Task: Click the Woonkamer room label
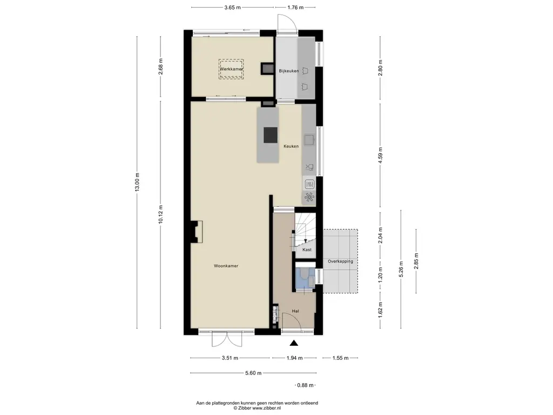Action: click(226, 266)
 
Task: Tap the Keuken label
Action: click(291, 146)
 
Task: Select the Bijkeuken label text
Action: click(289, 71)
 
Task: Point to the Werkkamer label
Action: click(231, 69)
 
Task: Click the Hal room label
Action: click(295, 311)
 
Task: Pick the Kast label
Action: click(307, 250)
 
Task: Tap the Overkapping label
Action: click(340, 262)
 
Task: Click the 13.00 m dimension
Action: click(137, 182)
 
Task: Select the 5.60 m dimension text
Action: click(253, 373)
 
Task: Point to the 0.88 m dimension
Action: click(305, 385)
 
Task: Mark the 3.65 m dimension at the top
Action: click(232, 8)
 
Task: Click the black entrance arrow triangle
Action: click(294, 343)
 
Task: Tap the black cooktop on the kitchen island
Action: click(271, 135)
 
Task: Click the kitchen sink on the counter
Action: click(309, 140)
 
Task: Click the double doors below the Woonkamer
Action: click(227, 339)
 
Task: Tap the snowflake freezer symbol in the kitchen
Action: click(309, 197)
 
